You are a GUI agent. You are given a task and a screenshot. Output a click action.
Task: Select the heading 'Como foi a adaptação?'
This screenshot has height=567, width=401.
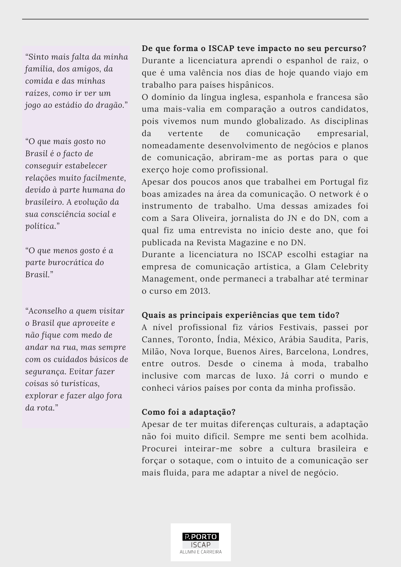[189, 412]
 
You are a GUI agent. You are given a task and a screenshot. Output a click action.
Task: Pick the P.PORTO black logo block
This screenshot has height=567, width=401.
[201, 536]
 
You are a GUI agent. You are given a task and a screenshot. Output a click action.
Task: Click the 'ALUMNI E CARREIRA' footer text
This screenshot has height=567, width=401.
[201, 552]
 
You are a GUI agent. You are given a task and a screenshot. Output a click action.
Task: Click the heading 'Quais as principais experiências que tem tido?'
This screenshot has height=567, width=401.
[240, 315]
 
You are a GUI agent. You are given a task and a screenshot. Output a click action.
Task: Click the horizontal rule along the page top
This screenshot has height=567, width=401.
[195, 19]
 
